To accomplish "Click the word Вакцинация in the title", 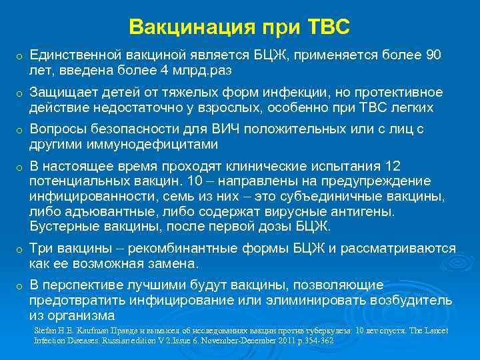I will tap(180, 27).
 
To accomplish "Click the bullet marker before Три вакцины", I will tap(20, 250).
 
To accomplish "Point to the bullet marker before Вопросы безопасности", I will tap(20, 131).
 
